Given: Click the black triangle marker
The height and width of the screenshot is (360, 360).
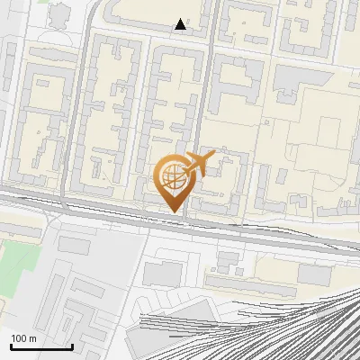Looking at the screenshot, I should pos(181,24).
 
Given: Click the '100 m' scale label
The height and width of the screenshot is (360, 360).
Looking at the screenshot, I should pos(24,338).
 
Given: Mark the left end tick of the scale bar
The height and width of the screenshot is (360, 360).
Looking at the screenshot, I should pos(11,345).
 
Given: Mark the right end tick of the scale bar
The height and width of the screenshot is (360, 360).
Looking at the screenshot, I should pos(72,345).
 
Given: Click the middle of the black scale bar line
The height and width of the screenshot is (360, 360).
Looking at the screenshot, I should pos(41,346).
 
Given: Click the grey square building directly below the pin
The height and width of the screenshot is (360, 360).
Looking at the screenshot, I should pos(162,269).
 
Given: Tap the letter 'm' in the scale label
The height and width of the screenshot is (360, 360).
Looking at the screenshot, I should pos(33,338).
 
